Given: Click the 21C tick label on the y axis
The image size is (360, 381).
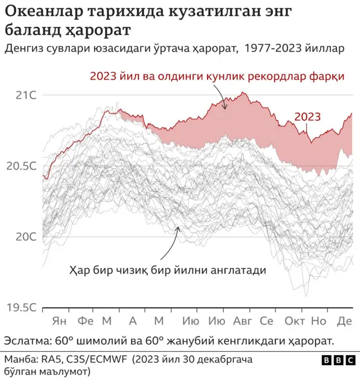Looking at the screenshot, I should pyautogui.click(x=25, y=95).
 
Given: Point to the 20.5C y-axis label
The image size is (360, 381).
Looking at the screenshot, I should pyautogui.click(x=21, y=166).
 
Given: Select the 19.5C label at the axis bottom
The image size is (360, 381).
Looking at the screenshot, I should pyautogui.click(x=21, y=308).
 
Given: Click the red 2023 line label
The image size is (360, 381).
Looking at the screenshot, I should pyautogui.click(x=308, y=117).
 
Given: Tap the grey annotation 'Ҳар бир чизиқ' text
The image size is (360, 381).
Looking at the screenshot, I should pyautogui.click(x=167, y=270).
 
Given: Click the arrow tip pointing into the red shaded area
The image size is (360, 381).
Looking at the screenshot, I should pyautogui.click(x=225, y=109).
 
